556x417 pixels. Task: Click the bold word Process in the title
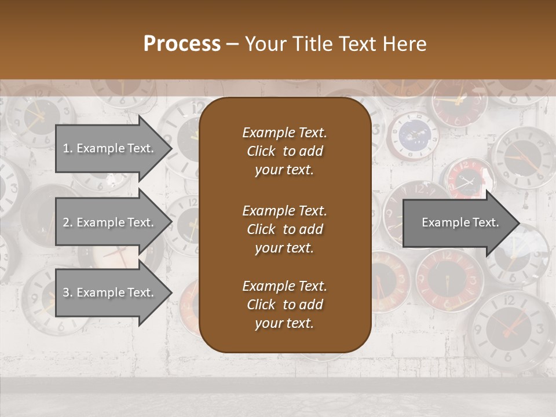[182, 44]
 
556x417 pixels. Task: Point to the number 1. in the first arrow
[68, 148]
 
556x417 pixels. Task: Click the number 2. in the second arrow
[68, 222]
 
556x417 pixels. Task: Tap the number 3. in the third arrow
[68, 292]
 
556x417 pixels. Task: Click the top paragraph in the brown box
[284, 151]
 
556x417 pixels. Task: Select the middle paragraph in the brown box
[284, 229]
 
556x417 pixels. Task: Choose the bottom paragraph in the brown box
[284, 305]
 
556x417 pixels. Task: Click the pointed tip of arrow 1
[171, 148]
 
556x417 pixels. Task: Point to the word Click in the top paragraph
[261, 151]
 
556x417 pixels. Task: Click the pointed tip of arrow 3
[171, 292]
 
